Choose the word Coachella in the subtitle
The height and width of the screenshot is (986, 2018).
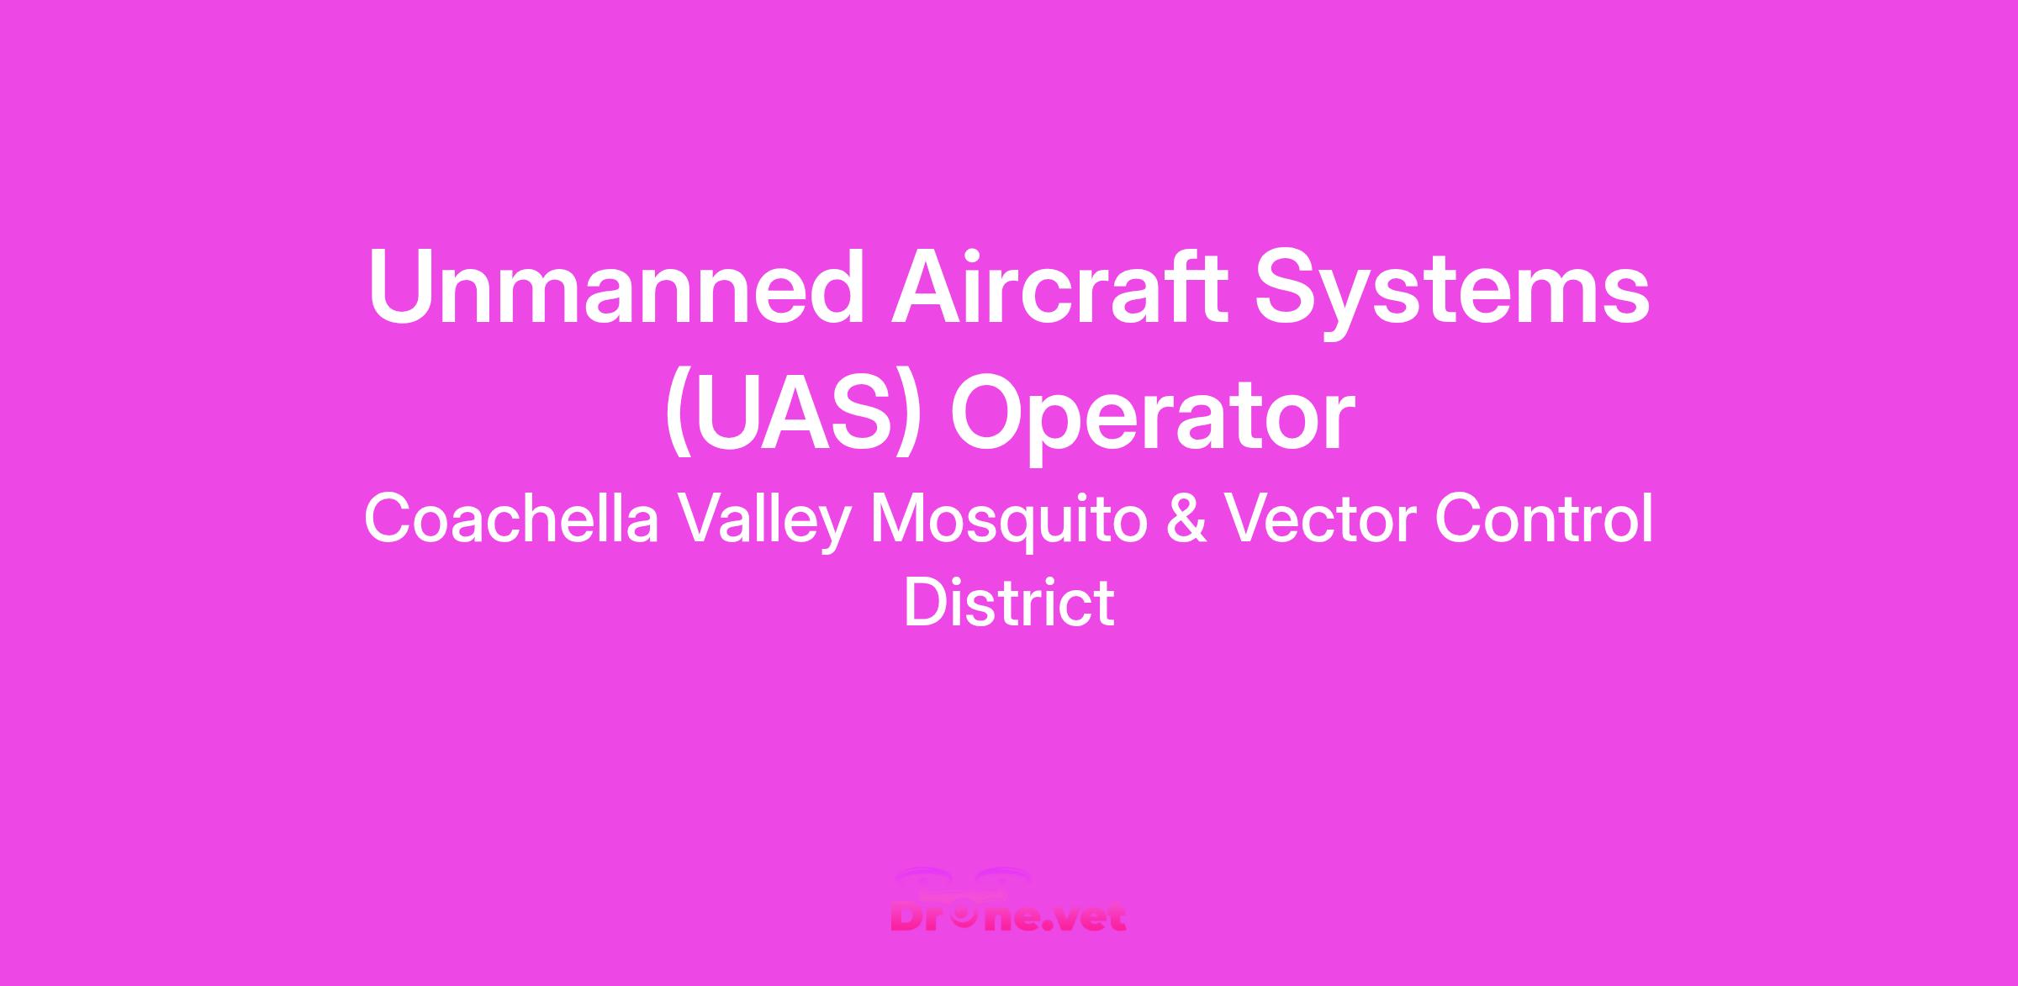pyautogui.click(x=511, y=519)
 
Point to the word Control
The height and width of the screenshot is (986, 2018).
pyautogui.click(x=1544, y=519)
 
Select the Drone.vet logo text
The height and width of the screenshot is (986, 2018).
pyautogui.click(x=1009, y=916)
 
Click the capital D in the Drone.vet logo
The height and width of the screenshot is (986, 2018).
pyautogui.click(x=907, y=915)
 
